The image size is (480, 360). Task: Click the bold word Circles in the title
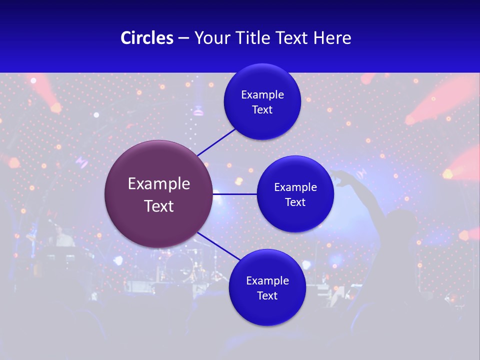pos(147,38)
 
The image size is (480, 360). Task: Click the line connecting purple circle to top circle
pos(216,141)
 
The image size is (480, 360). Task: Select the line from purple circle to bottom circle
pos(219,247)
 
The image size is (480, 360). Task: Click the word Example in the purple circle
pos(158,184)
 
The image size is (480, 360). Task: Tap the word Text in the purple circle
pos(158,206)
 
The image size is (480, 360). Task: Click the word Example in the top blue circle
pos(262,95)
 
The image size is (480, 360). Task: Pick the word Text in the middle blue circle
pos(295,202)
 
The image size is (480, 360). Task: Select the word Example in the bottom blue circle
pos(267,281)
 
